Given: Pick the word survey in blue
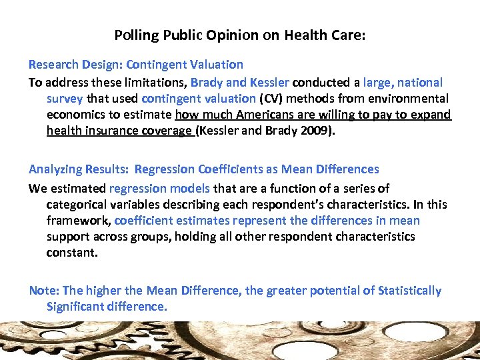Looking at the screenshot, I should pos(64,99).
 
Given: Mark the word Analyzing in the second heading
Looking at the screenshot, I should pos(56,169).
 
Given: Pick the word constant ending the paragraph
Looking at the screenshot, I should pos(71,253).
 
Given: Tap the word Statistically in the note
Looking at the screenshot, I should pos(409,291).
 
